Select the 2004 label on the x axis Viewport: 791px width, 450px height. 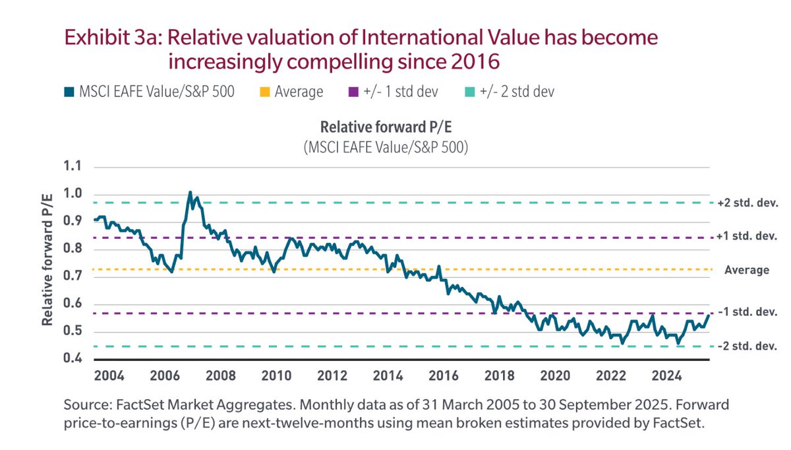(x=109, y=377)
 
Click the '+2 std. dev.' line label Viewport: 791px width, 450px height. (x=747, y=203)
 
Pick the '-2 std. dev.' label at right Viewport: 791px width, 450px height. (x=747, y=346)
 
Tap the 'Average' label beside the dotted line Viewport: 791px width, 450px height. (x=747, y=270)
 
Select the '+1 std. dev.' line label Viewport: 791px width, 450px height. (x=747, y=236)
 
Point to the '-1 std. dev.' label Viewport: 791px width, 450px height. (x=747, y=311)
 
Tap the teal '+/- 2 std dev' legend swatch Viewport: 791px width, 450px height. (x=463, y=92)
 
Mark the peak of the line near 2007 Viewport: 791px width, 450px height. (x=190, y=192)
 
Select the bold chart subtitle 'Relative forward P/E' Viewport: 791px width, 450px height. (x=386, y=127)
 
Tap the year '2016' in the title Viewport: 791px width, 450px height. (x=472, y=62)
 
